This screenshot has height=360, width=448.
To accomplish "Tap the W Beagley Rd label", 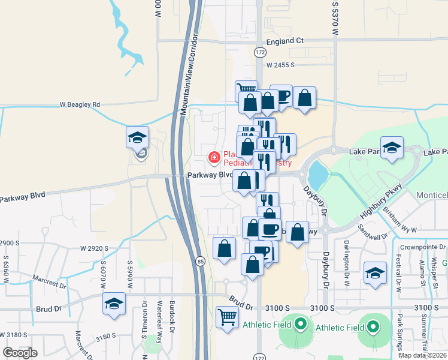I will pos(80,104).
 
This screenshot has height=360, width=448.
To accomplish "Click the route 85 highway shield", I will pos(201,262).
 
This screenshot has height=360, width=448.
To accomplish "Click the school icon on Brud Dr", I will pos(113,304).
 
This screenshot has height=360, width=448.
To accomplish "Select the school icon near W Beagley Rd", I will pos(137,137).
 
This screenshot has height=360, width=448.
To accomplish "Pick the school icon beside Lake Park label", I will pos(392,148).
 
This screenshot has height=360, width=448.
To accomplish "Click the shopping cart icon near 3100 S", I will pos(227,316).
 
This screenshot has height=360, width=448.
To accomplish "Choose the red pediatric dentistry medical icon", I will pos(213,158).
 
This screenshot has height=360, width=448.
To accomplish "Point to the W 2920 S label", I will pos(94,248).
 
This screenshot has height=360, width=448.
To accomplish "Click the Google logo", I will pos(20,353).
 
